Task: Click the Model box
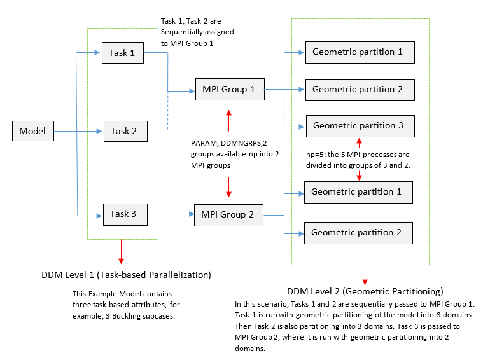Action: (x=32, y=132)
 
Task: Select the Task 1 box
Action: (x=123, y=53)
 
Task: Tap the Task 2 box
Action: (x=125, y=131)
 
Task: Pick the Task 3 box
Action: (x=123, y=214)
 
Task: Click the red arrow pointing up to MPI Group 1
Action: (x=228, y=119)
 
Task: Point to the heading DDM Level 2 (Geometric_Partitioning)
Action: (x=365, y=291)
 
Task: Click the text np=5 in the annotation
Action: (x=316, y=155)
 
